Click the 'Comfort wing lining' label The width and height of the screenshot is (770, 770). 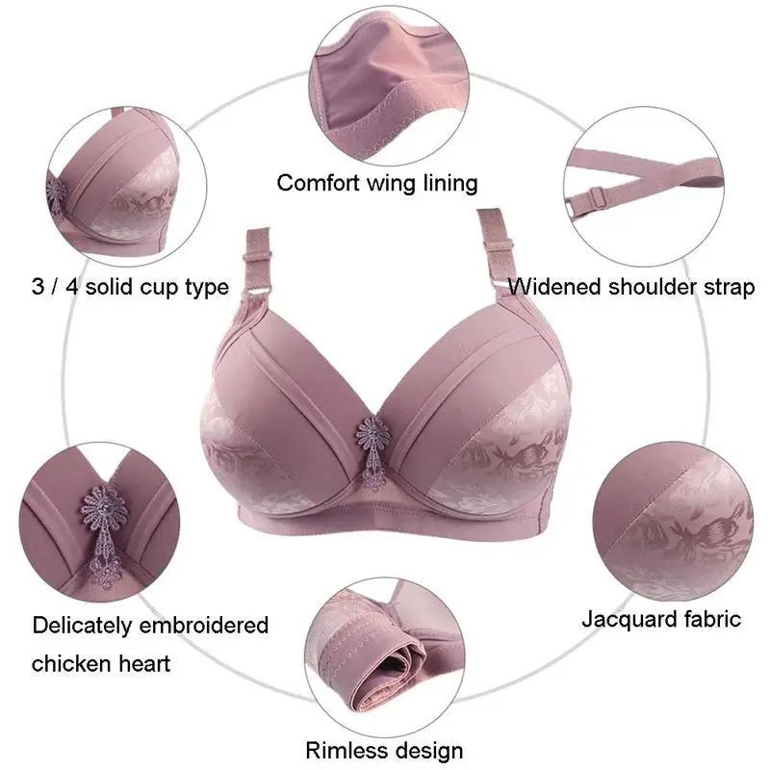point(377,183)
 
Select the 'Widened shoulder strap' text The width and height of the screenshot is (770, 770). point(631,287)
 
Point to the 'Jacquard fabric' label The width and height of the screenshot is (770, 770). point(661,618)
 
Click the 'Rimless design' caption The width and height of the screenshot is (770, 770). point(385,750)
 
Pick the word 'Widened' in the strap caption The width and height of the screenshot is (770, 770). point(552,287)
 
